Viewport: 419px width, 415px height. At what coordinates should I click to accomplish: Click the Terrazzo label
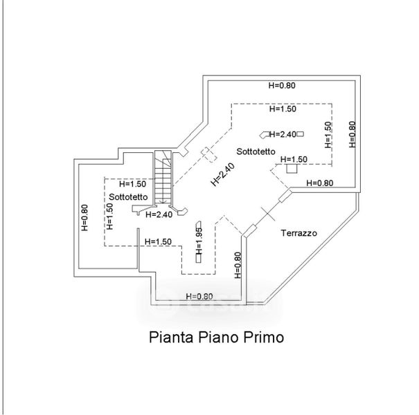click(298, 233)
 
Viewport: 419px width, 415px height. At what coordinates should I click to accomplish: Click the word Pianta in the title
click(171, 337)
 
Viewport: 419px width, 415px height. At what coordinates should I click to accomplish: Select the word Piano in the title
click(218, 337)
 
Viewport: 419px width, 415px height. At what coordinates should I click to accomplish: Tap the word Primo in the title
click(263, 337)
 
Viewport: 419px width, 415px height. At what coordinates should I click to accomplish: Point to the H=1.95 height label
click(199, 241)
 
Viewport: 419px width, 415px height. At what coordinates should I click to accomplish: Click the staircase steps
click(163, 177)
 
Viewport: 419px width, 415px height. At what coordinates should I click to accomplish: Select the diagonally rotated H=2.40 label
click(223, 174)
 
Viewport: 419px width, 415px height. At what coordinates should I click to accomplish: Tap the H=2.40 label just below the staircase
click(159, 214)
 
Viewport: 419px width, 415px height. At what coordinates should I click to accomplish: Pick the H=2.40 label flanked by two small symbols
click(283, 134)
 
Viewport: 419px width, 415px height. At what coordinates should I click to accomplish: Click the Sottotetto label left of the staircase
click(128, 197)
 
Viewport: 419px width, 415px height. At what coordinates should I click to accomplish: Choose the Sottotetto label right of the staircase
click(256, 151)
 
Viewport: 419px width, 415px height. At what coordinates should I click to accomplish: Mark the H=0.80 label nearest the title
click(199, 296)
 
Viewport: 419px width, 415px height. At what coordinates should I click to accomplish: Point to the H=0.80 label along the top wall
click(282, 85)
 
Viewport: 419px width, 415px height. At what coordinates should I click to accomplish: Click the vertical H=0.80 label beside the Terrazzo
click(238, 266)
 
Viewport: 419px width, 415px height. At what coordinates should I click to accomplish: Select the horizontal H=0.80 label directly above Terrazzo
click(320, 183)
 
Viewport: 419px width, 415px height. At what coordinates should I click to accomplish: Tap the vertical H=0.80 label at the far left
click(84, 217)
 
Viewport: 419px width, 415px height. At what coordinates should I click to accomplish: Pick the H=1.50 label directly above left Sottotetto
click(132, 184)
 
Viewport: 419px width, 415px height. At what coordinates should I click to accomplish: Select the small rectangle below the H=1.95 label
click(199, 259)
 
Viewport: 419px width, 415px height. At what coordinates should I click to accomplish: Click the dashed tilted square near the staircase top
click(209, 154)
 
